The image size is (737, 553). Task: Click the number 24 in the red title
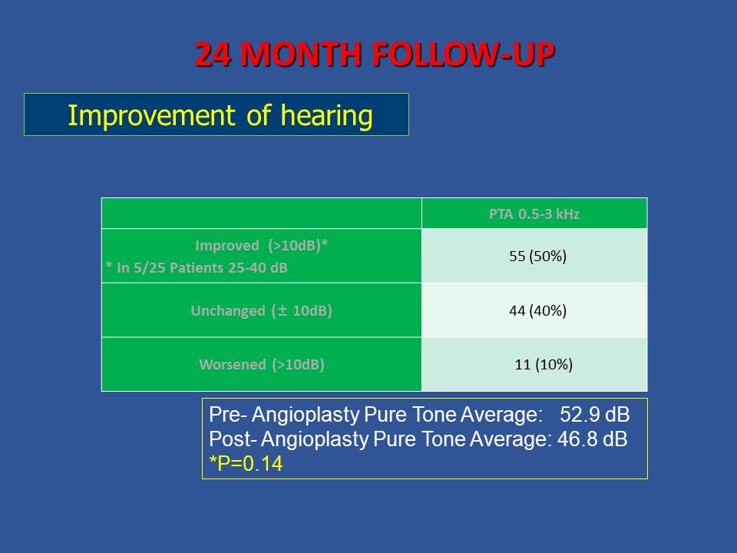(213, 54)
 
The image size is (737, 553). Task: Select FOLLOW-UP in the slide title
(464, 54)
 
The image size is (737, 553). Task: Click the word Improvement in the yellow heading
(151, 116)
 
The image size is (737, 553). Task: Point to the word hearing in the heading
(327, 116)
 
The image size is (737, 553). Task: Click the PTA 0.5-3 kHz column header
(534, 214)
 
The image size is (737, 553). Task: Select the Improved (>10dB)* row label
(261, 246)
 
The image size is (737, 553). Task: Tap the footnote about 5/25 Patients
(197, 267)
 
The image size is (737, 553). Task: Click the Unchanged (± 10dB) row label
(261, 311)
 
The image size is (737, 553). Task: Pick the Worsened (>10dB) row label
(262, 364)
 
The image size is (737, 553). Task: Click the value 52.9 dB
(594, 415)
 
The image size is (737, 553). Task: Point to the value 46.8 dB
(592, 439)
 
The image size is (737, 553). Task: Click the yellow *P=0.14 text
(246, 464)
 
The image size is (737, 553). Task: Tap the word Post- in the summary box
(233, 439)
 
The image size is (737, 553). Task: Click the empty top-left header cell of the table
(261, 214)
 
